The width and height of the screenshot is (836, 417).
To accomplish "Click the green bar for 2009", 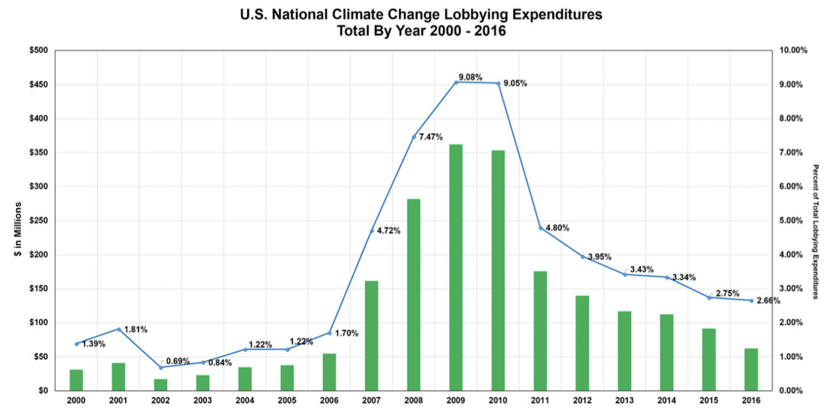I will click(x=456, y=267).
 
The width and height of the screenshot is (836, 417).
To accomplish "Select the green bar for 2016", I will click(x=751, y=369).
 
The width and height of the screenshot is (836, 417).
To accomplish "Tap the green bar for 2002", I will click(x=161, y=384).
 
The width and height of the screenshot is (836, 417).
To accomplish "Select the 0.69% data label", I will click(x=178, y=361).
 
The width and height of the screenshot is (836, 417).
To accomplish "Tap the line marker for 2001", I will click(x=119, y=329).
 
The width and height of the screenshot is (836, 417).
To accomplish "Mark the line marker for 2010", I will click(x=498, y=84).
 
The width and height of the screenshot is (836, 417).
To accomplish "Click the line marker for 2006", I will click(x=330, y=333).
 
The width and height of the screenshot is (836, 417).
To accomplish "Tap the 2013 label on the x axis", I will click(x=625, y=401).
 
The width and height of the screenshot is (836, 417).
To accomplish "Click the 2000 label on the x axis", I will click(x=77, y=401).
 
